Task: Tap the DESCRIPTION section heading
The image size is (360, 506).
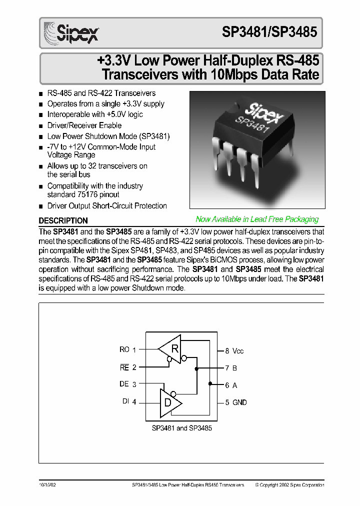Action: point(63,220)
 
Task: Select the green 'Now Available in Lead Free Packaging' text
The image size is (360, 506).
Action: point(256,219)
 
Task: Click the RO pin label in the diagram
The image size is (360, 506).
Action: point(124,349)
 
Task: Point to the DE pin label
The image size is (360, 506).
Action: point(124,384)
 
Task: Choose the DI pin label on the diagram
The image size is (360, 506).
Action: point(125,401)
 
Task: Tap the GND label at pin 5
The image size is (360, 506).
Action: point(239,402)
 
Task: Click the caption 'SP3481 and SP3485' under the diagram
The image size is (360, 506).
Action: point(181,428)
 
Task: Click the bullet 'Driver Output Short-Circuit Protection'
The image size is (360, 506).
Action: point(107,206)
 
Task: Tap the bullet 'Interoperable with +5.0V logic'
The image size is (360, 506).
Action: point(95,114)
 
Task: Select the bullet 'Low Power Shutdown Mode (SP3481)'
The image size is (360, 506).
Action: point(108,136)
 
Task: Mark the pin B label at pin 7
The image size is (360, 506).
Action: point(234,368)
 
